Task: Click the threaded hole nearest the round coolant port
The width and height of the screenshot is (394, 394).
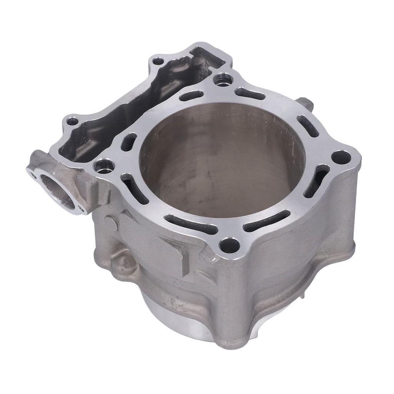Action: pos(105,166)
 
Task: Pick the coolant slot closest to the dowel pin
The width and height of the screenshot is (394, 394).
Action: pos(308,125)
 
